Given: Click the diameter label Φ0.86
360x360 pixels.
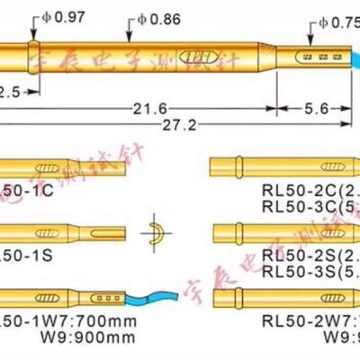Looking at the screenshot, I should pos(154,15).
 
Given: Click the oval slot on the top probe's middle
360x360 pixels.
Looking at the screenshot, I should pos(194,57).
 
